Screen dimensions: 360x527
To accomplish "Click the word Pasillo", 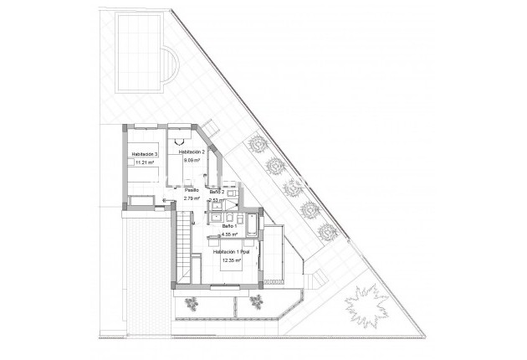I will click(x=192, y=190).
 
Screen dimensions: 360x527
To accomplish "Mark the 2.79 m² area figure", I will click(x=192, y=199).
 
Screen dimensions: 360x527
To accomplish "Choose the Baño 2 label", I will click(x=217, y=192).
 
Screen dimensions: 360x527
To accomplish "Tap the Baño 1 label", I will click(x=230, y=226).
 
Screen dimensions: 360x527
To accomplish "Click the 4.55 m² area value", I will click(x=230, y=235).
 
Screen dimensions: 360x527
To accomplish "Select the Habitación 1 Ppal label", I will click(x=232, y=251).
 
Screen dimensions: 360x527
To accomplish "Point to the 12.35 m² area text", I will click(x=232, y=260).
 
